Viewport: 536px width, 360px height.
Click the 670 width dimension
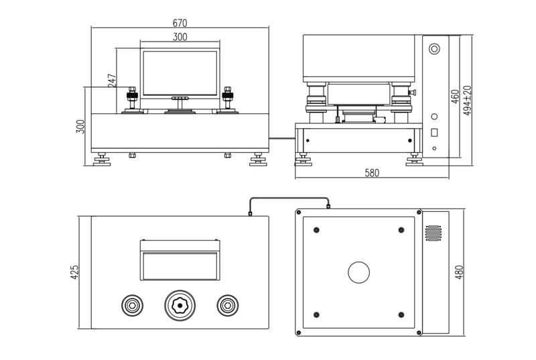click(x=180, y=23)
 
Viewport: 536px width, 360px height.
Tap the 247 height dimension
click(x=112, y=80)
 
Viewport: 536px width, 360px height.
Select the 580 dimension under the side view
click(x=372, y=173)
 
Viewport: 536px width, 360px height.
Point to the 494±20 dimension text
click(x=468, y=101)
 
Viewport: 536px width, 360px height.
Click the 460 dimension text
click(x=455, y=97)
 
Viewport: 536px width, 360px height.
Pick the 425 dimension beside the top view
click(x=74, y=272)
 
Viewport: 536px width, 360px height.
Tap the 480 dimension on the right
click(x=459, y=272)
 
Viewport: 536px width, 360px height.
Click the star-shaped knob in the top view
click(x=180, y=306)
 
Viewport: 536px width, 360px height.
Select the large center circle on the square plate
click(x=358, y=272)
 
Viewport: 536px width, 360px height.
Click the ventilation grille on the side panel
click(x=433, y=233)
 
